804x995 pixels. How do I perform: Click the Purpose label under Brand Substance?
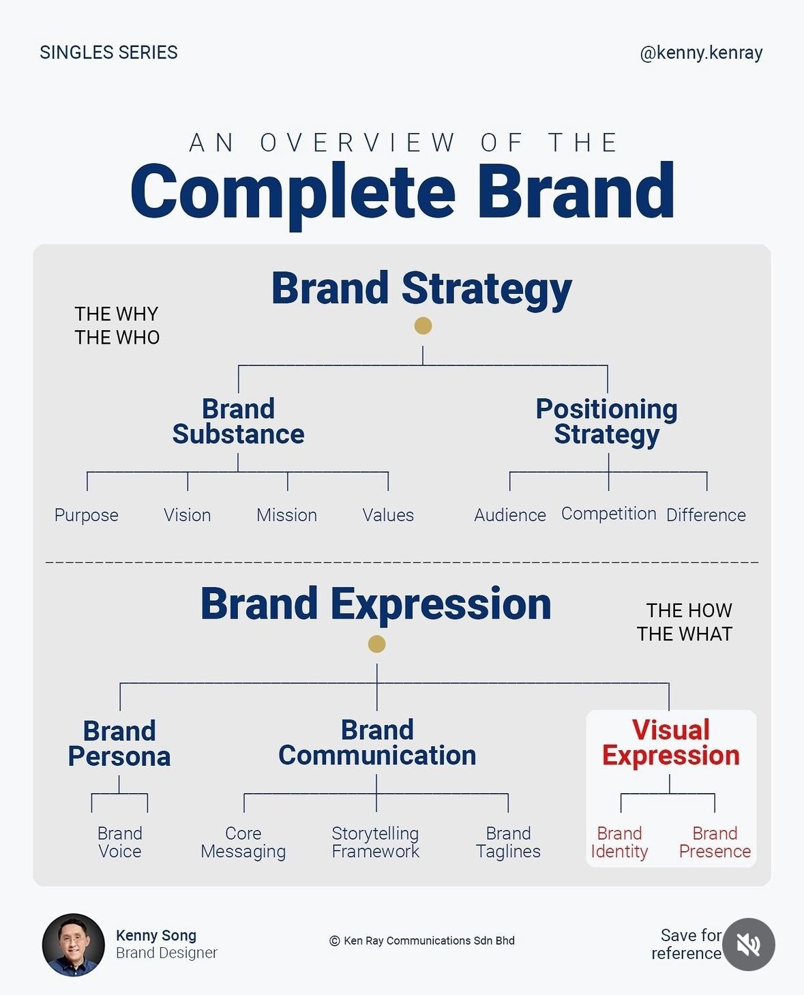[x=87, y=515]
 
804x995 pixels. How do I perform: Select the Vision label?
[x=187, y=515]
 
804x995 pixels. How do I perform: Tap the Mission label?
[x=286, y=515]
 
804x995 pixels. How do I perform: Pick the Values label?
[x=388, y=515]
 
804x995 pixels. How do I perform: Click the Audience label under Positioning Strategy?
[x=510, y=515]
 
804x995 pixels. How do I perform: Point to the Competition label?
[x=608, y=514]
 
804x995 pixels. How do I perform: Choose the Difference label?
[x=706, y=515]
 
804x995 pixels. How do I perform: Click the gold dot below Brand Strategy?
[x=423, y=326]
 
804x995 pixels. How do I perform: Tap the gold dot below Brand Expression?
[x=376, y=644]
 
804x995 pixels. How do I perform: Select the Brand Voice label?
[x=120, y=842]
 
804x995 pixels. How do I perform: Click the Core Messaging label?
[x=243, y=842]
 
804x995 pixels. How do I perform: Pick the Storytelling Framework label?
[x=375, y=842]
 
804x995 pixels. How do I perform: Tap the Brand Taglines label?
[x=508, y=842]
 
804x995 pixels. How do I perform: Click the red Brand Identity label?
[x=619, y=842]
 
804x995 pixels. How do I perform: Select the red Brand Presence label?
[x=715, y=842]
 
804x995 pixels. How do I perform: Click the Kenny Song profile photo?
[x=74, y=945]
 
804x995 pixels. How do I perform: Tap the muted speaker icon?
[x=748, y=945]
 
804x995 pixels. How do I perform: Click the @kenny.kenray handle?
[x=701, y=53]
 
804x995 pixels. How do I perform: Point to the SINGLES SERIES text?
[x=109, y=53]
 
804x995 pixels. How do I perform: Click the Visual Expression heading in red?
[x=671, y=743]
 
